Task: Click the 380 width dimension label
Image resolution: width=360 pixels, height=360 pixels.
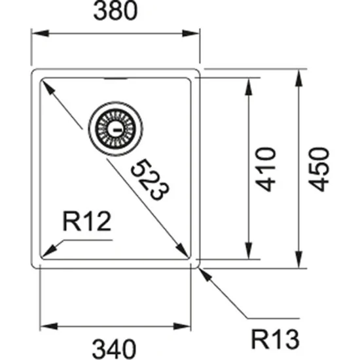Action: click(x=116, y=12)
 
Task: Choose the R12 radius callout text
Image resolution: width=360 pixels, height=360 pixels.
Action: click(x=86, y=224)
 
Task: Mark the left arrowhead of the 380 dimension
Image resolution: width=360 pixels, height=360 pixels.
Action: click(x=37, y=32)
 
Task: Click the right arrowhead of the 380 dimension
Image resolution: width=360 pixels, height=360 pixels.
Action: click(x=194, y=32)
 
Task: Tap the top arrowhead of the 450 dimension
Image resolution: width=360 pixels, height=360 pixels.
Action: click(x=299, y=73)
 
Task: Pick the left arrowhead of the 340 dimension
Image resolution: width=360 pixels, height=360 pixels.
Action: click(x=46, y=325)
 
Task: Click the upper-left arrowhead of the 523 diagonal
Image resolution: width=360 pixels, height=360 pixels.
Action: click(x=46, y=84)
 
